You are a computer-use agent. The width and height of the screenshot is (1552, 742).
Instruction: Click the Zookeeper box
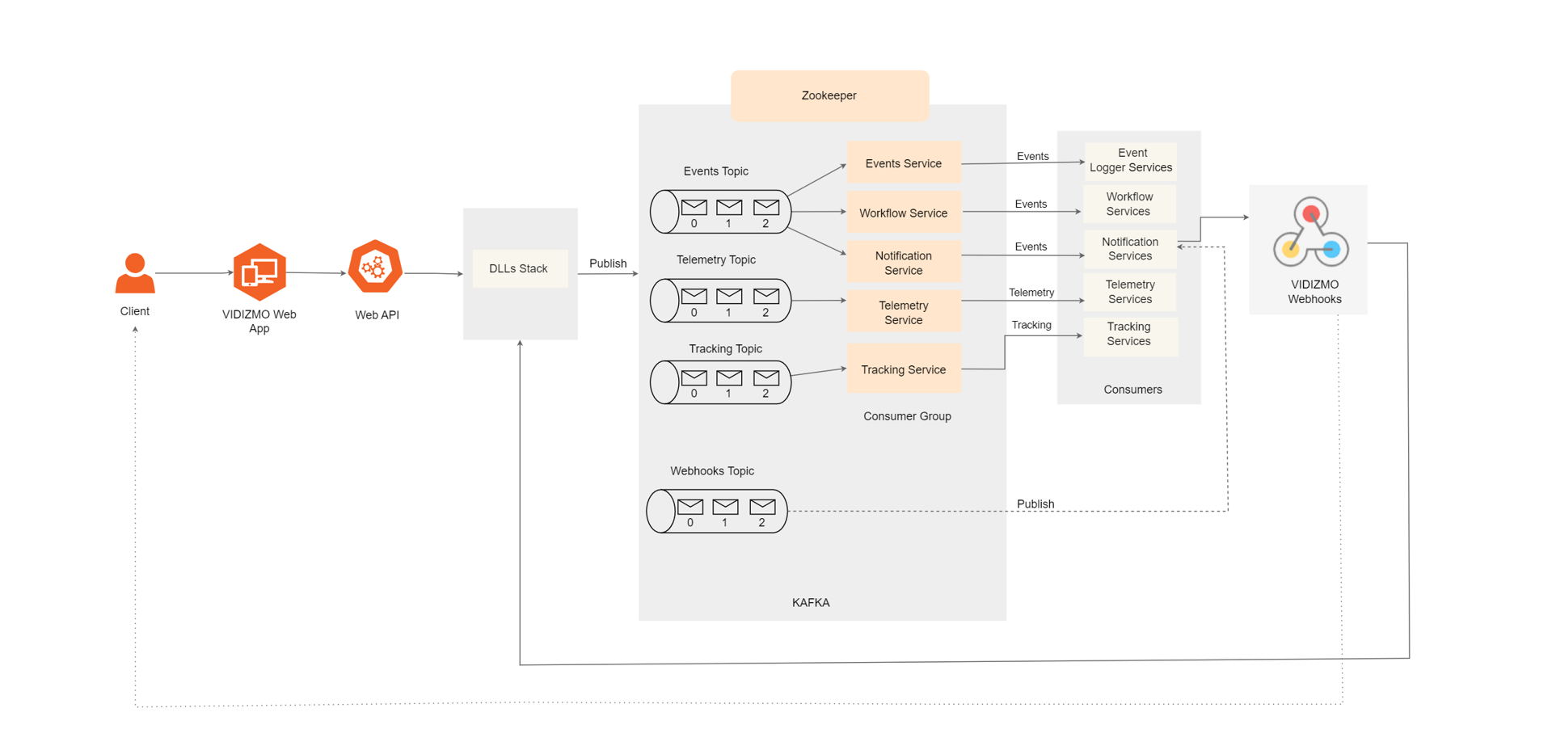pos(829,95)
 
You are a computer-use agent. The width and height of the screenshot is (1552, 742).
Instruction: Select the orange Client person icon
pos(135,273)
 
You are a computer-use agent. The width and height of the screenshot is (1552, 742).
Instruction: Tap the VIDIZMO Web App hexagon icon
pos(259,272)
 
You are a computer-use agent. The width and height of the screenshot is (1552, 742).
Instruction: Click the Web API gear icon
pos(375,267)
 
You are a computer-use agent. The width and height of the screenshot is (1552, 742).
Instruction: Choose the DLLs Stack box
pos(519,268)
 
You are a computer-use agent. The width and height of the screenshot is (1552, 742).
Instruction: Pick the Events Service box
pos(903,163)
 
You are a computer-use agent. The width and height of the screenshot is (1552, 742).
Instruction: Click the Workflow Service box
pos(903,213)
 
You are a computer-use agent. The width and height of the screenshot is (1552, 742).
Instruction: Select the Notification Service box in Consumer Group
pos(903,263)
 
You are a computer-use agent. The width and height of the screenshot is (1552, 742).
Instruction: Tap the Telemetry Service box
pos(903,312)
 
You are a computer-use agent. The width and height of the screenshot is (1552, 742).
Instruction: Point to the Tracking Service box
pos(903,369)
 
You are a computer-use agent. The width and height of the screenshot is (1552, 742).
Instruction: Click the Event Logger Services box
pos(1130,160)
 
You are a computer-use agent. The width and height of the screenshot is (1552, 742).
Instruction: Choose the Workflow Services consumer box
pos(1129,204)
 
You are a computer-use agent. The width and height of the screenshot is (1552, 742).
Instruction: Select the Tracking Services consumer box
pos(1129,334)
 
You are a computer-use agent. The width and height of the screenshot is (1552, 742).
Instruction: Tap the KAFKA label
pos(811,602)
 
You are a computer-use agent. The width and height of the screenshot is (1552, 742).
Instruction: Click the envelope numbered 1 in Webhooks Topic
pos(725,507)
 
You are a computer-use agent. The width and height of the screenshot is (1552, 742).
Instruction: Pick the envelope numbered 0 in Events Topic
pos(694,207)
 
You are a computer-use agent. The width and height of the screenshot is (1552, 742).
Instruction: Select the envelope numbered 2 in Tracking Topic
pos(765,377)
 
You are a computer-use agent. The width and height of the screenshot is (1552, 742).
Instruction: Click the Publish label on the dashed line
pos(1035,504)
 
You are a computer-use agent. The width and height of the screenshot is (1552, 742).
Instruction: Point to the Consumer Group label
pos(907,416)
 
